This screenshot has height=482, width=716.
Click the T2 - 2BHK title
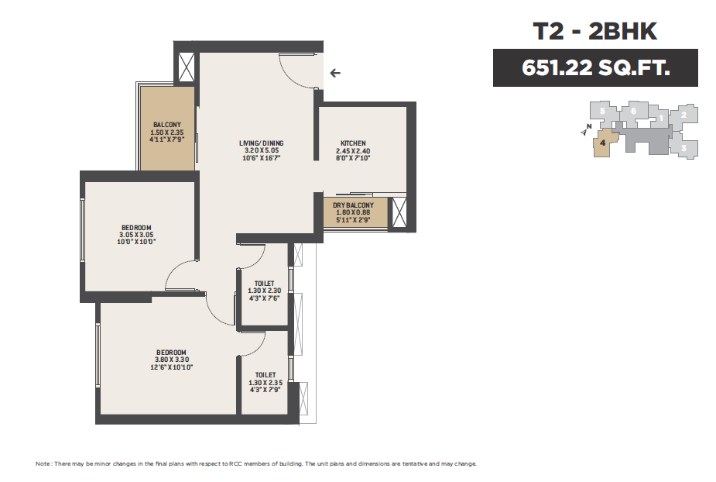595,31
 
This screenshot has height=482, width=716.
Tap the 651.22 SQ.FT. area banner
595,67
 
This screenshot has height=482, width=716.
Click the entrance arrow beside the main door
335,73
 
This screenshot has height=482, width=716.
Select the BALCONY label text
167,125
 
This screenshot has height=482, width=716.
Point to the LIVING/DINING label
261,143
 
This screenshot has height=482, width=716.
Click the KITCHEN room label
353,143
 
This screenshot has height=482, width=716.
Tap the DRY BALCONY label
353,205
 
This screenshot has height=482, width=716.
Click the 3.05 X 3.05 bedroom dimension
136,235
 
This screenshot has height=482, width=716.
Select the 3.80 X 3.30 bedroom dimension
171,360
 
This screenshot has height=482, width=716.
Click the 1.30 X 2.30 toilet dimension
265,291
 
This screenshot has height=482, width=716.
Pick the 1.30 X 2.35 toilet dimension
266,383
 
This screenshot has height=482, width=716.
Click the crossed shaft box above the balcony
187,67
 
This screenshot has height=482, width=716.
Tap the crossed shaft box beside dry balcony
399,212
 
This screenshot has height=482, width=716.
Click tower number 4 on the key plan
603,143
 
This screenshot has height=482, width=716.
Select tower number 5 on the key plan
602,111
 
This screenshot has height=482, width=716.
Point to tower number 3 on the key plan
683,148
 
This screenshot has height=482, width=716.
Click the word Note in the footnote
43,463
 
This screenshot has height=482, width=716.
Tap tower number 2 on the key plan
683,115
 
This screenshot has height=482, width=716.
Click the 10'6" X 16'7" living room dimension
261,158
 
